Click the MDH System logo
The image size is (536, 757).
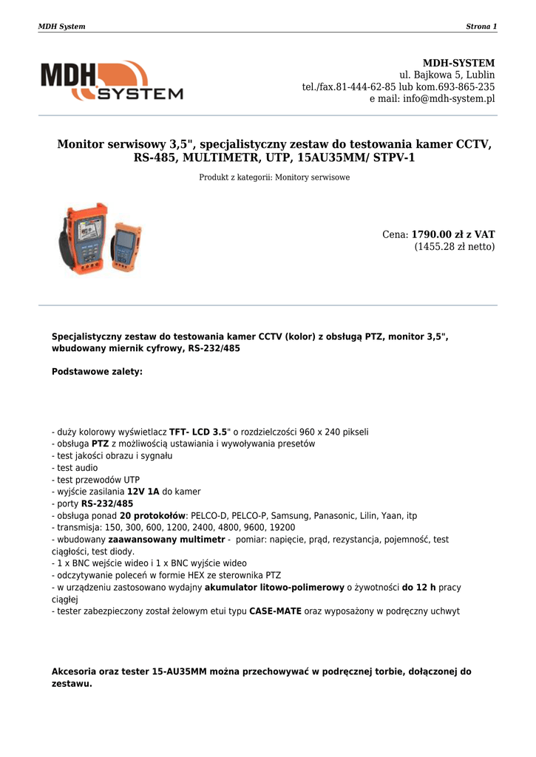pyautogui.click(x=112, y=81)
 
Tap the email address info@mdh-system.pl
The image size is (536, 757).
pyautogui.click(x=449, y=99)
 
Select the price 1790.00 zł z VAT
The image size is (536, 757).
pyautogui.click(x=452, y=234)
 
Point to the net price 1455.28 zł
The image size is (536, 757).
pyautogui.click(x=454, y=247)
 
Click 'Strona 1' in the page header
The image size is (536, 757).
pyautogui.click(x=481, y=27)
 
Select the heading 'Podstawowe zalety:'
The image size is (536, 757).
pyautogui.click(x=97, y=372)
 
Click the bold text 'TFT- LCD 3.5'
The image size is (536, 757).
pyautogui.click(x=198, y=432)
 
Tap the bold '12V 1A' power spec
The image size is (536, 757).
pyautogui.click(x=143, y=492)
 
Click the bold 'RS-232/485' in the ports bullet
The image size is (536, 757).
pyautogui.click(x=107, y=503)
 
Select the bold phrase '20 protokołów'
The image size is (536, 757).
pyautogui.click(x=153, y=515)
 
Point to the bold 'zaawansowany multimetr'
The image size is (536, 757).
pyautogui.click(x=166, y=540)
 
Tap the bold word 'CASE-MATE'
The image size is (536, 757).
pyautogui.click(x=275, y=611)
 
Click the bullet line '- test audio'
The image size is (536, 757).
pyautogui.click(x=75, y=468)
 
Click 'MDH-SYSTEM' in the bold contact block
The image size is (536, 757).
pyautogui.click(x=458, y=63)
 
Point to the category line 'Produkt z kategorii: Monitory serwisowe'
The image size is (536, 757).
pyautogui.click(x=274, y=177)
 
